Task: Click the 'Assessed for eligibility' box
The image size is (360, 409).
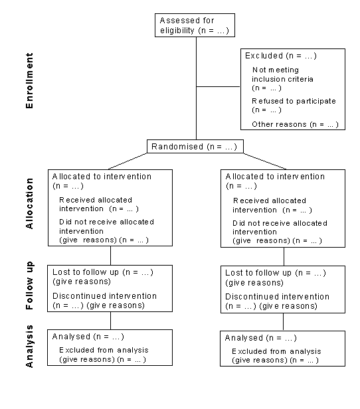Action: pyautogui.click(x=195, y=25)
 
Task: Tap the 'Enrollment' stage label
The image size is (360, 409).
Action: pyautogui.click(x=29, y=86)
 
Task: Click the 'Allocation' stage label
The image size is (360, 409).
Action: pyautogui.click(x=29, y=207)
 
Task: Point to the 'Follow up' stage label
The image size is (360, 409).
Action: pyautogui.click(x=29, y=286)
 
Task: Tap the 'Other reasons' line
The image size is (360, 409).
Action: pyautogui.click(x=295, y=124)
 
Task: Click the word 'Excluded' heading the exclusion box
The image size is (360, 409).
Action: pyautogui.click(x=264, y=56)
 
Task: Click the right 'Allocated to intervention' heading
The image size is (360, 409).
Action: pyautogui.click(x=275, y=177)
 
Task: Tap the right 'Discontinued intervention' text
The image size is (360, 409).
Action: pyautogui.click(x=277, y=296)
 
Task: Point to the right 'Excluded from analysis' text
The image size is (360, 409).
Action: pyautogui.click(x=276, y=351)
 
